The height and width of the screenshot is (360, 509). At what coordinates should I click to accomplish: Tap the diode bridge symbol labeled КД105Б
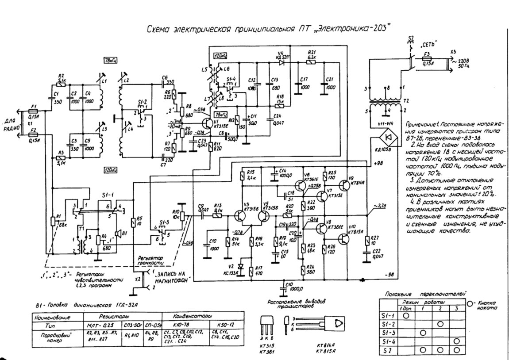pyautogui.click(x=389, y=137)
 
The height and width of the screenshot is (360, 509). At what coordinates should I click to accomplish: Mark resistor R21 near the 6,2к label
pyautogui.click(x=312, y=62)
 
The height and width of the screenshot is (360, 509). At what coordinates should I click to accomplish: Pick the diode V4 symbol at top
pyautogui.click(x=281, y=62)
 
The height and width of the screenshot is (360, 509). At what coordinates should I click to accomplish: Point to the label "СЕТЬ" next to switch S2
pyautogui.click(x=428, y=45)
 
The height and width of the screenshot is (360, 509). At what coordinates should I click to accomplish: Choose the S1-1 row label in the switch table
pyautogui.click(x=386, y=316)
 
